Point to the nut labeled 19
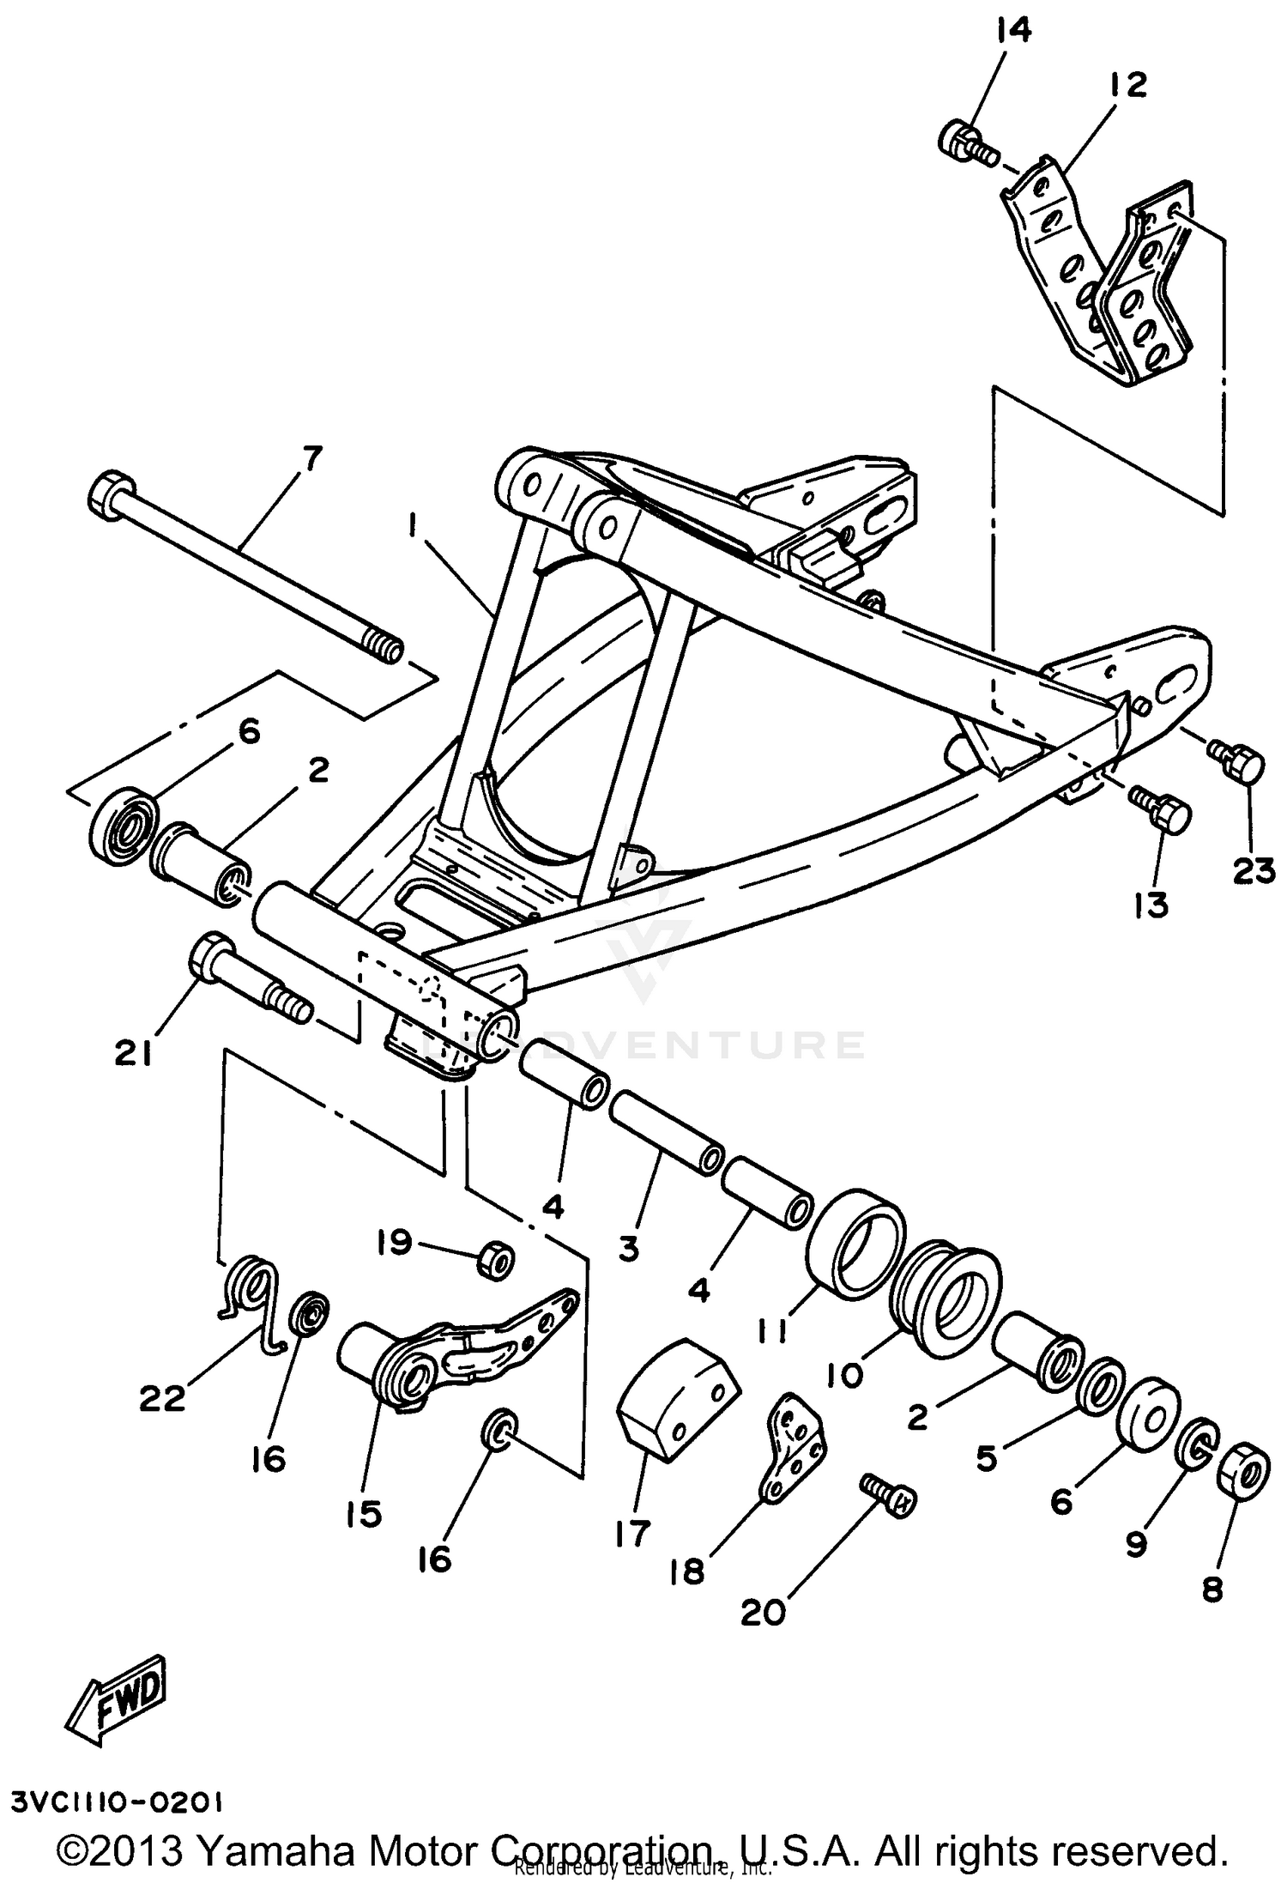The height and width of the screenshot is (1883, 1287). [x=495, y=1260]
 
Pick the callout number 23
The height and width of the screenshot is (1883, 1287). [x=1254, y=872]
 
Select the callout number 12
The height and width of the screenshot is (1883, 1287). [x=1127, y=84]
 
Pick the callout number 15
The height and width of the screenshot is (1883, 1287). [x=364, y=1514]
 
